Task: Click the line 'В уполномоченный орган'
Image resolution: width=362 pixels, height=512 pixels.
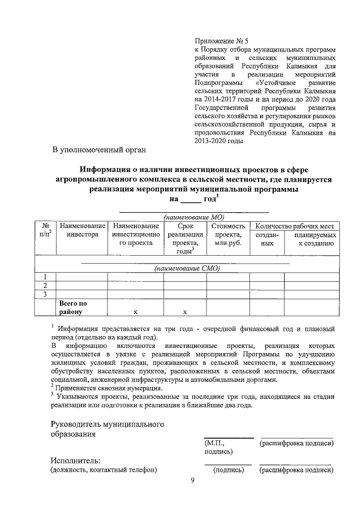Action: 99,150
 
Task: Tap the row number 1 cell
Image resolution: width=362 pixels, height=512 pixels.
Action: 45,277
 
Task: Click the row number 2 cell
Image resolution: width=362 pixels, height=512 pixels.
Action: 45,285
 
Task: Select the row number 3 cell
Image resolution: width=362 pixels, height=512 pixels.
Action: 45,294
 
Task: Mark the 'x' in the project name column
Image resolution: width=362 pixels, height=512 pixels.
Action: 135,312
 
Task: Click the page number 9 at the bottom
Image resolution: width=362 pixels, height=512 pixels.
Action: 192,481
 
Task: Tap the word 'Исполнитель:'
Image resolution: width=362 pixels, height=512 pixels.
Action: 75,459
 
